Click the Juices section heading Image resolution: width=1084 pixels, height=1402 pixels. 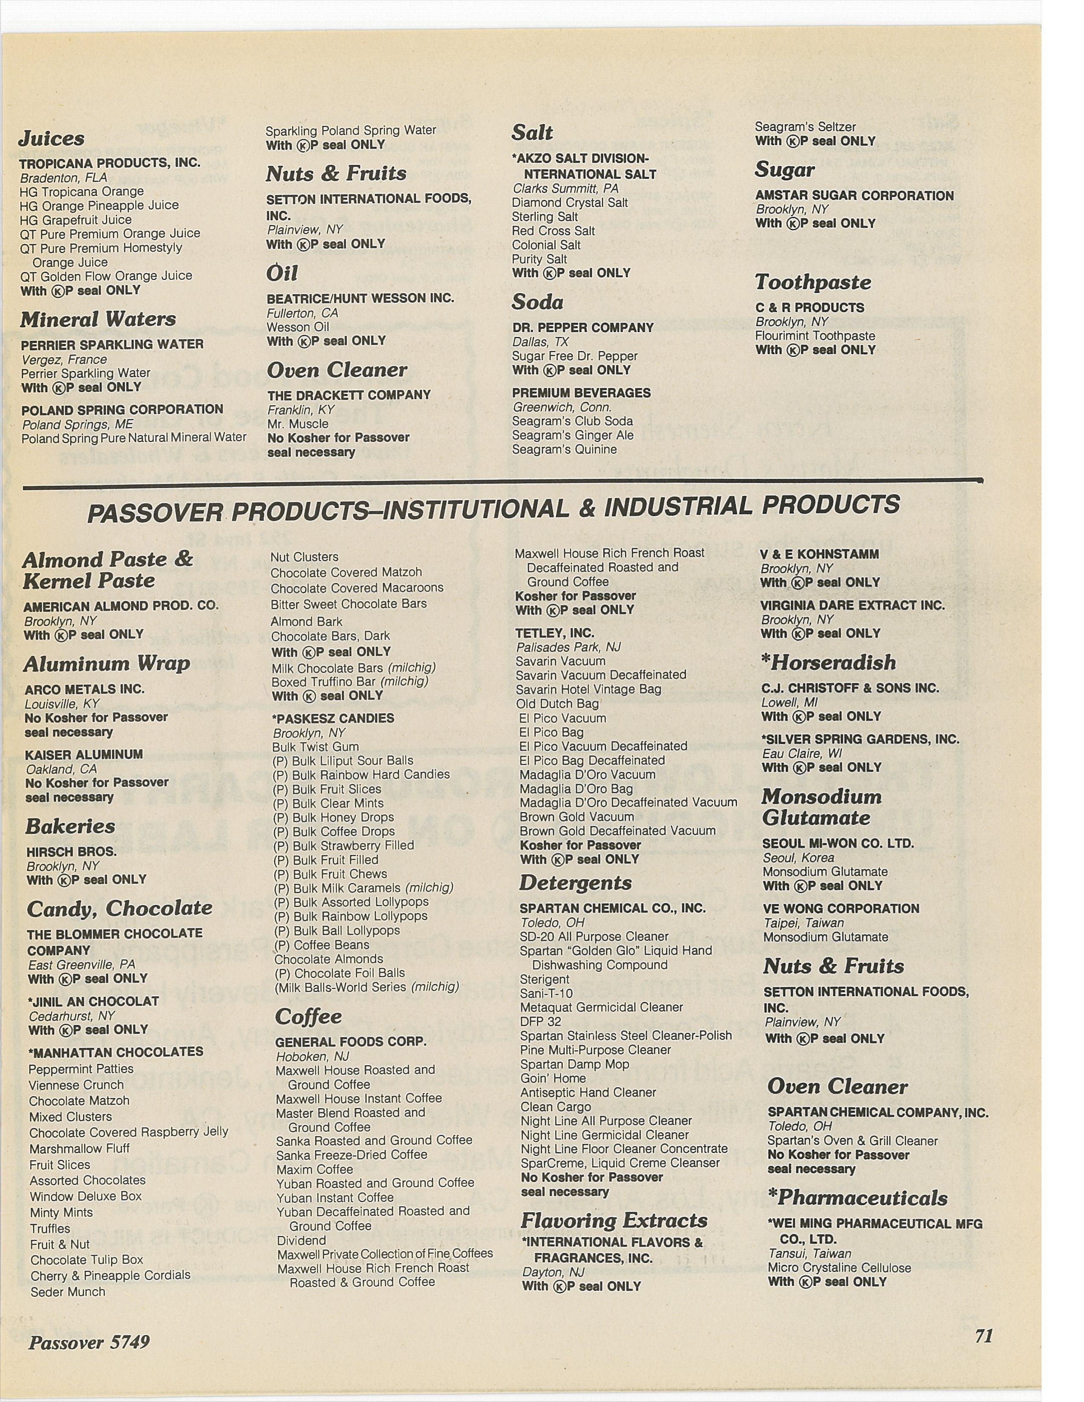click(x=51, y=139)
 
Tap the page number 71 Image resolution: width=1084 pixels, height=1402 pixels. click(x=984, y=1336)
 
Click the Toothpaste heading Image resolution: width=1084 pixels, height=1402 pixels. click(x=813, y=283)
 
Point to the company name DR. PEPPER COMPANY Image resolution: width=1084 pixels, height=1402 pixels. click(x=582, y=328)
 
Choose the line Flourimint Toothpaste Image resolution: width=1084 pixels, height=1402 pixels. click(x=815, y=336)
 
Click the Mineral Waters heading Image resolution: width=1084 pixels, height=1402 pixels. click(x=98, y=319)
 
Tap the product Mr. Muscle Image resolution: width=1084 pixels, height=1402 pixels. click(x=298, y=424)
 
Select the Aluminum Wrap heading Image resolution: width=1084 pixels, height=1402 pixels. click(x=107, y=663)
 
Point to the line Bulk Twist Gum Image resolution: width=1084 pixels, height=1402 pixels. click(x=315, y=746)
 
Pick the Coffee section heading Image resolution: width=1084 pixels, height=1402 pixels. click(x=308, y=1016)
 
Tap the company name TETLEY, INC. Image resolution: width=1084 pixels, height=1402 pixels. click(x=555, y=633)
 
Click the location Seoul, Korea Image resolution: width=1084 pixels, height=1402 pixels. click(x=798, y=858)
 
